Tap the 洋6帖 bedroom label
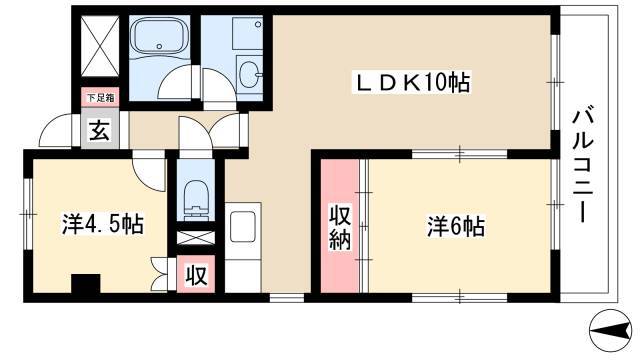(456, 226)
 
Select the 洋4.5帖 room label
(102, 223)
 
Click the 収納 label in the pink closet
(340, 228)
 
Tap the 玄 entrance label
(100, 131)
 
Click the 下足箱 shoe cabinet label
(100, 98)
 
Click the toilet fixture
(196, 199)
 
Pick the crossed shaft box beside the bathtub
(100, 46)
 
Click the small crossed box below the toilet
(196, 238)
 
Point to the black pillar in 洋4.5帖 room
(86, 283)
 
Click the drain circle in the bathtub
(160, 46)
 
